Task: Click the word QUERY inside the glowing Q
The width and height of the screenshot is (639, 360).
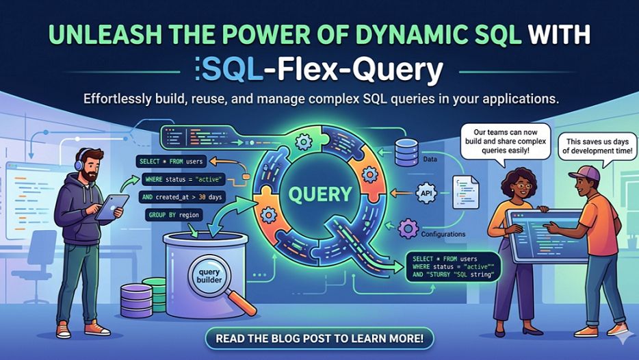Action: tap(319, 193)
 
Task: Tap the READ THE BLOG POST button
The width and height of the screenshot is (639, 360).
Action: tap(319, 338)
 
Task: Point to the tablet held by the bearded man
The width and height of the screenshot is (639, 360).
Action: tap(115, 205)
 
